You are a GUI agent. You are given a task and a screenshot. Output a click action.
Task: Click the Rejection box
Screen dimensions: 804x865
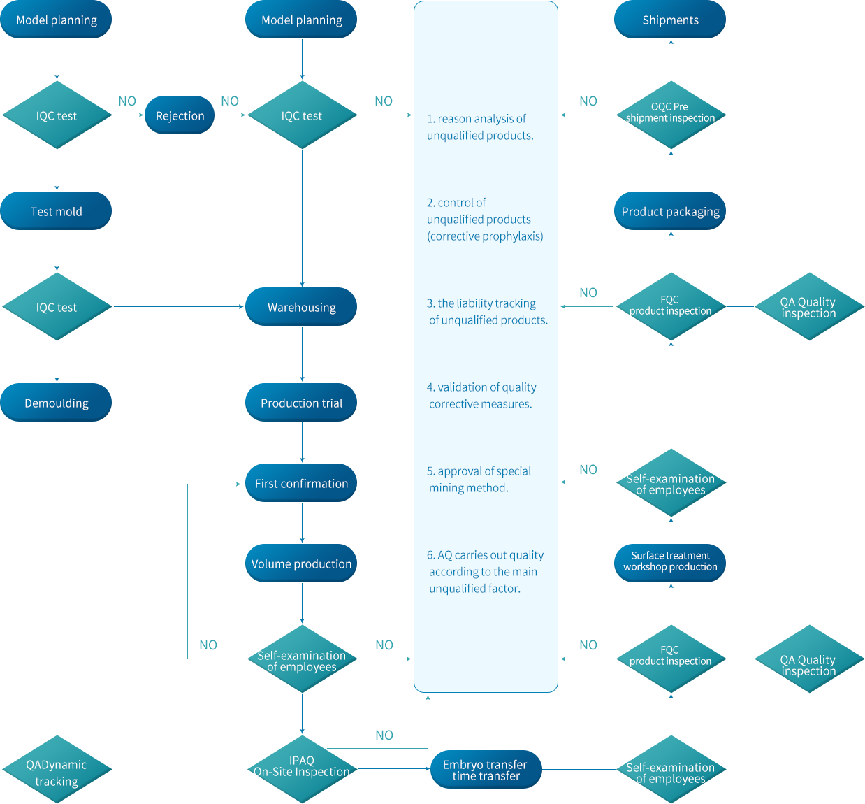(179, 115)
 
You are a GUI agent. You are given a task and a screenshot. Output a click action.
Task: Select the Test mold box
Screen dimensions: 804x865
(56, 211)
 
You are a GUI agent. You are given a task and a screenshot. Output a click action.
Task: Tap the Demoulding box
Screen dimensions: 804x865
(56, 403)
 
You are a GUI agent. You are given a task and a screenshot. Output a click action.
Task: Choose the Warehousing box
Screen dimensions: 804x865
(301, 307)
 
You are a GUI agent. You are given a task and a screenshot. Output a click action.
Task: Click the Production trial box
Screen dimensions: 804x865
(301, 403)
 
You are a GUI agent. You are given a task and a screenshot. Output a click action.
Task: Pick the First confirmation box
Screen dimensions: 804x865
(301, 483)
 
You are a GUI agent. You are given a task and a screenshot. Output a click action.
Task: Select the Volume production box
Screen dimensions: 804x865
(301, 563)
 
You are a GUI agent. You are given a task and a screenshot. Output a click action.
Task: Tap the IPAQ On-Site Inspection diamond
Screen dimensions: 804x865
(301, 767)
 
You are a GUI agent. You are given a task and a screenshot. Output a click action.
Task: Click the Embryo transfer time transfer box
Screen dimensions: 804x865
(485, 770)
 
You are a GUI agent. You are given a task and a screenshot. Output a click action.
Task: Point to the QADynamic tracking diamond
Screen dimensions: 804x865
(57, 773)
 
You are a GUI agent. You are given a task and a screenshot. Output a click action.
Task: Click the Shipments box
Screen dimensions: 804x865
(670, 20)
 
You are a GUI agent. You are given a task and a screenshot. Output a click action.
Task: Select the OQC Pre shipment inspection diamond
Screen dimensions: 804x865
(670, 113)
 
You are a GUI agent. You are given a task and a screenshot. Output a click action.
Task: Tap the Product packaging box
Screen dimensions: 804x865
(670, 211)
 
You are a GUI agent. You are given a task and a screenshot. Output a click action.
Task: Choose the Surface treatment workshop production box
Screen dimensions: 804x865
(670, 561)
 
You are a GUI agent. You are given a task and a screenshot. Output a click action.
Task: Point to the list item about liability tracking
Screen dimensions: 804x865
(486, 312)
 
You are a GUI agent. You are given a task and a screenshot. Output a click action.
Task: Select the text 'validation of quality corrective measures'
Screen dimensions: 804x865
(481, 396)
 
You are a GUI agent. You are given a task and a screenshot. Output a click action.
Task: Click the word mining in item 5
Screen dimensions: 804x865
(448, 488)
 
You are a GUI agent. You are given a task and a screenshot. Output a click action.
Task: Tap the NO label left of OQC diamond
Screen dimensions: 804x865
(588, 101)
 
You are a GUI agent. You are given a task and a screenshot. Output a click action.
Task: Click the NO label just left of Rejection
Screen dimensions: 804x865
(127, 101)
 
